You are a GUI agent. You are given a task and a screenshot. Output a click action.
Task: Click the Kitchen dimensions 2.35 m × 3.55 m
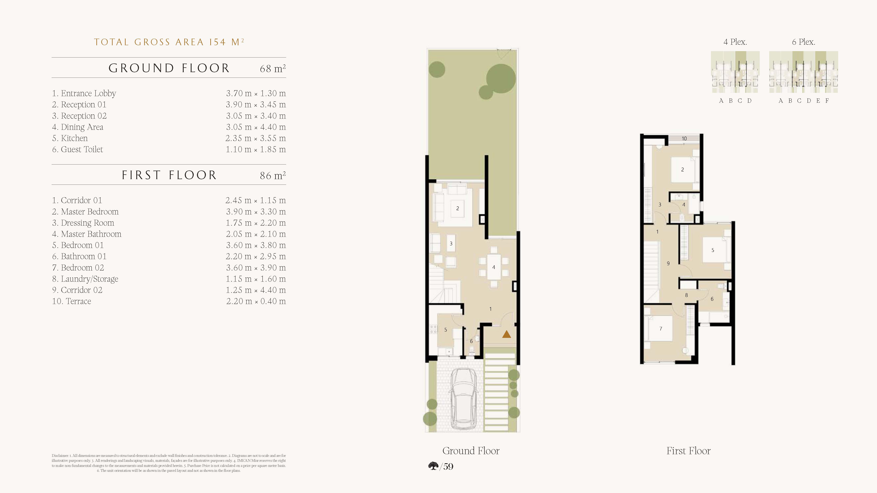pos(255,138)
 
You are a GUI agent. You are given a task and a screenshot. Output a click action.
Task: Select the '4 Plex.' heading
pos(735,42)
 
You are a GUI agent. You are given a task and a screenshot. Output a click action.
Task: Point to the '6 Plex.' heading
pos(804,42)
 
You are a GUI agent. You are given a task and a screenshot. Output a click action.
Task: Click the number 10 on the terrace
pos(684,139)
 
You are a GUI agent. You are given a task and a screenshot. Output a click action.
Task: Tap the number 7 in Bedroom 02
pos(661,329)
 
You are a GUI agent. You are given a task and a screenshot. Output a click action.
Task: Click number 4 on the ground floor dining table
pos(494,267)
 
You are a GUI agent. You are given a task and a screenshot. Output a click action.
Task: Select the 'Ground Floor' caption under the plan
pos(471,451)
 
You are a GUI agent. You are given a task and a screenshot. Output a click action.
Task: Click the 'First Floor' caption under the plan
pos(688,451)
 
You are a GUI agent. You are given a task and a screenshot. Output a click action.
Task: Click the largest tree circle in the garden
pos(501,79)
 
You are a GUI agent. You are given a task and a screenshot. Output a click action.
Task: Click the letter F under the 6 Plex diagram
pos(827,101)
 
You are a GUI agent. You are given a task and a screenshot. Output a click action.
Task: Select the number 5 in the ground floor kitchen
pos(446,330)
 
